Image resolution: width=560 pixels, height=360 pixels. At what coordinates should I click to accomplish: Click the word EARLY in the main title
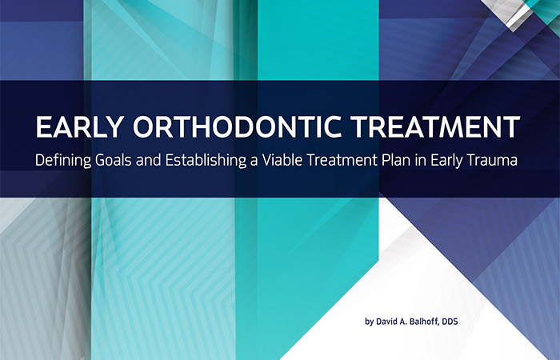point(80,126)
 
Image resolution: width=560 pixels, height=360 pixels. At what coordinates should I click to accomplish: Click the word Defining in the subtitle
point(63,160)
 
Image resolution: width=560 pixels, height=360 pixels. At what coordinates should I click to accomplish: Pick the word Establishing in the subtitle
point(206,160)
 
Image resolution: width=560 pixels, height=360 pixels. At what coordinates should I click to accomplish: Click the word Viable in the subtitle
point(282,160)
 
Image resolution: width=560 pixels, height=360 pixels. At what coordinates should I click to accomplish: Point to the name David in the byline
point(386,322)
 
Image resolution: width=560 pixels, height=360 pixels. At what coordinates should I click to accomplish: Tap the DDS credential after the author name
point(450,322)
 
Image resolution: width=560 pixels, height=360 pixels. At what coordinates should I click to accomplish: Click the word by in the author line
point(369,322)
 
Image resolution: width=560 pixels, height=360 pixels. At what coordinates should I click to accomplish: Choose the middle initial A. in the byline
point(402,322)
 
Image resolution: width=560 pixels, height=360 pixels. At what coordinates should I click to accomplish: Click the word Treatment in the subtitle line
point(342,160)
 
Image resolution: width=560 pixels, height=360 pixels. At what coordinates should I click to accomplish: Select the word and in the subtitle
point(149,160)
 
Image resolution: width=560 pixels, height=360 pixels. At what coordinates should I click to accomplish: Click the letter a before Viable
point(254,162)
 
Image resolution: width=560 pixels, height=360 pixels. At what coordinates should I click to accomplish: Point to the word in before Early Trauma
point(421,160)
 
